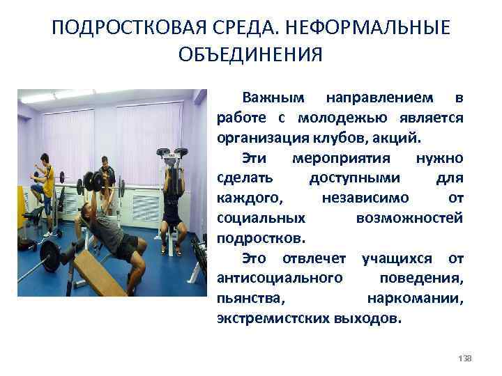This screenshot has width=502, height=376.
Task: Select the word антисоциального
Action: click(280, 279)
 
